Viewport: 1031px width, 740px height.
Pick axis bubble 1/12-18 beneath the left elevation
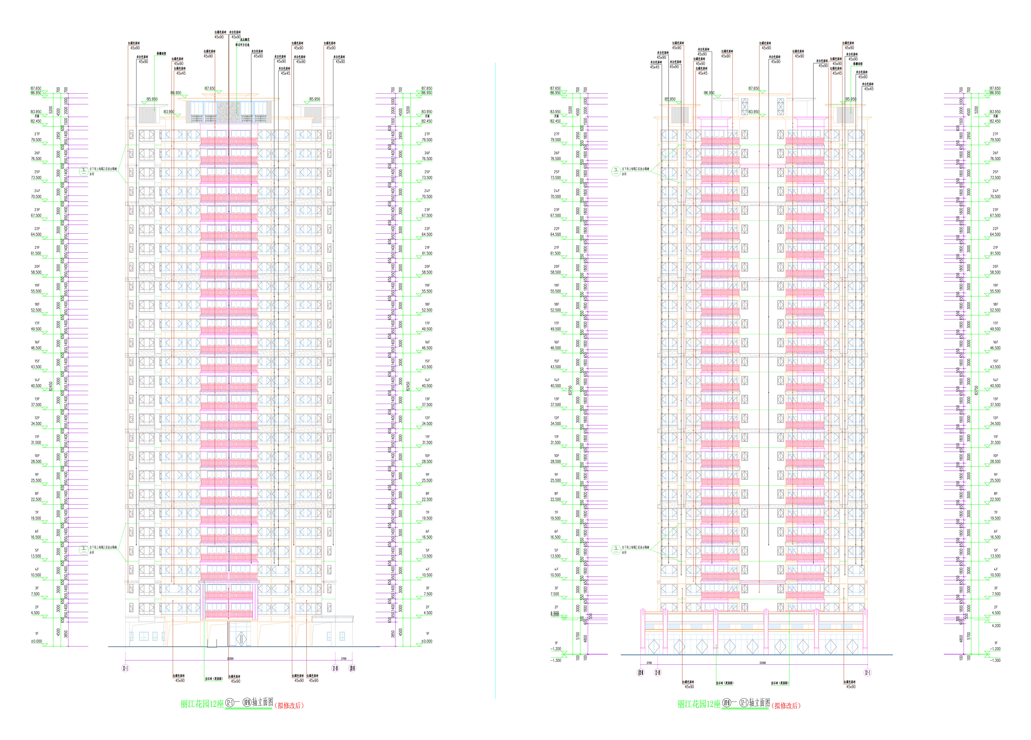352,668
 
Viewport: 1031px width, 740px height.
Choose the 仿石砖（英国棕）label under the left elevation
214,679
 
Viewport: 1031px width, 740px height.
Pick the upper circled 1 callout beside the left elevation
83,171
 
